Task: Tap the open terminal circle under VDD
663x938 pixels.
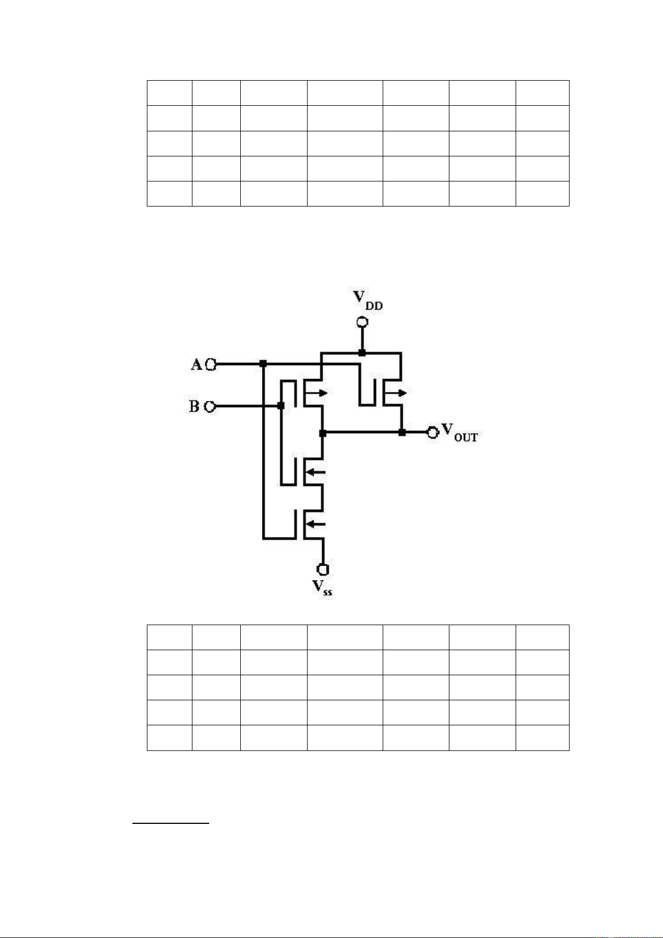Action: (362, 322)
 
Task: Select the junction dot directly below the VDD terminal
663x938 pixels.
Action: (362, 352)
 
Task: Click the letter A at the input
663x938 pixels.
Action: (196, 364)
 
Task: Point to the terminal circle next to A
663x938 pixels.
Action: (211, 365)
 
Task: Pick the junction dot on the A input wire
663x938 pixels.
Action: (263, 364)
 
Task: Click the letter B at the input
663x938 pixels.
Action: (194, 406)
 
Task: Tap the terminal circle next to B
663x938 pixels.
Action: (210, 406)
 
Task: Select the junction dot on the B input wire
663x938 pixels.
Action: (281, 406)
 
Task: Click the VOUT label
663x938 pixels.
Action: (460, 432)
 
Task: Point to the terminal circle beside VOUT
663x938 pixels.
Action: (433, 432)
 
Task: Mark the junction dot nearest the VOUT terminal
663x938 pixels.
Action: (402, 433)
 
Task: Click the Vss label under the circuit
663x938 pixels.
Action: (322, 587)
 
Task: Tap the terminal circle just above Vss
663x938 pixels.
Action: (323, 569)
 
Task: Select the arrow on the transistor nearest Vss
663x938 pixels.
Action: (316, 524)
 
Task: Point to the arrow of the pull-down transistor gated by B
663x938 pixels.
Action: (316, 472)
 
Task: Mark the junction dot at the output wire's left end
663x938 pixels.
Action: (323, 433)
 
